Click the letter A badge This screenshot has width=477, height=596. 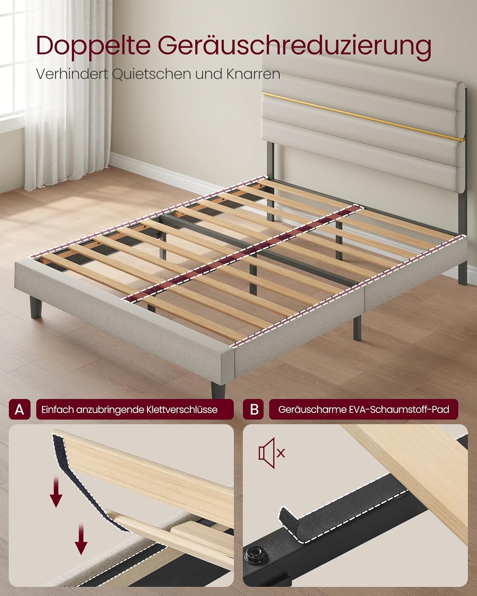[19, 409]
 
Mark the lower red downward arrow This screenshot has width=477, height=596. [81, 539]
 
